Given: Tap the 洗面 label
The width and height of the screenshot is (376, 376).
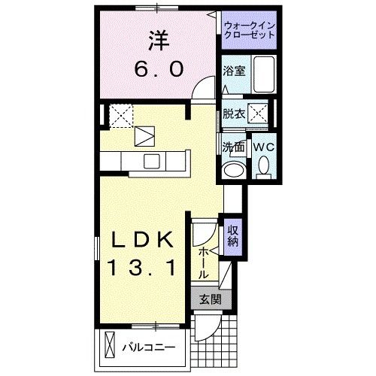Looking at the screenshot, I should tap(232, 146).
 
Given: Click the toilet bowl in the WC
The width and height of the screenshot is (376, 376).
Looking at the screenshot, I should tap(264, 165).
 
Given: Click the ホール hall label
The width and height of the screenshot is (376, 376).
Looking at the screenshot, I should tap(204, 262).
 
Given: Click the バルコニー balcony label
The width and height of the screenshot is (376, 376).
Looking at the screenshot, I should tap(149, 348).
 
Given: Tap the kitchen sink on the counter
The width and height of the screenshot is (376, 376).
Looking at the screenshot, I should tap(151, 159).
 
